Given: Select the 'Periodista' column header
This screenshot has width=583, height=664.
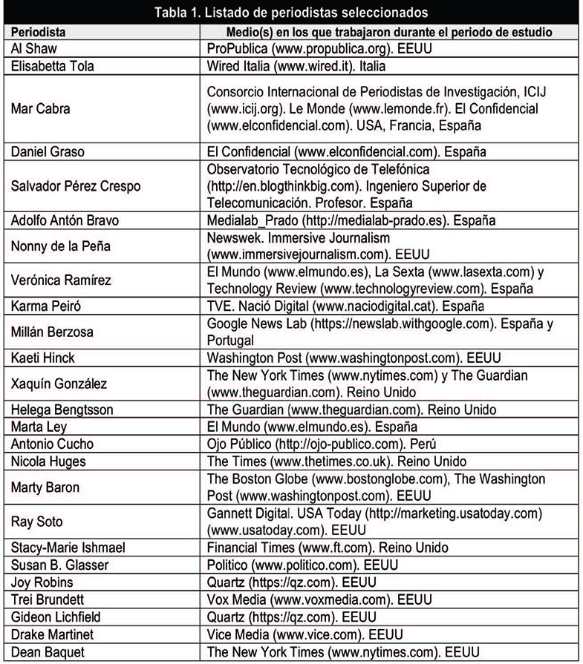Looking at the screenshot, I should [38, 33].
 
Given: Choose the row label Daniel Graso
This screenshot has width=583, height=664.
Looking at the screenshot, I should [48, 152].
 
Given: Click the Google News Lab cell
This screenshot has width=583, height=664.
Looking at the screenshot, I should [380, 332].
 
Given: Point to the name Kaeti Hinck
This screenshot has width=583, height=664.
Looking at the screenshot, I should [42, 358].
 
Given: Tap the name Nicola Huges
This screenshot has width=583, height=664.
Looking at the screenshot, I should [48, 461].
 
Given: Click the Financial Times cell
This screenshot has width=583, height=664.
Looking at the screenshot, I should [328, 548].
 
